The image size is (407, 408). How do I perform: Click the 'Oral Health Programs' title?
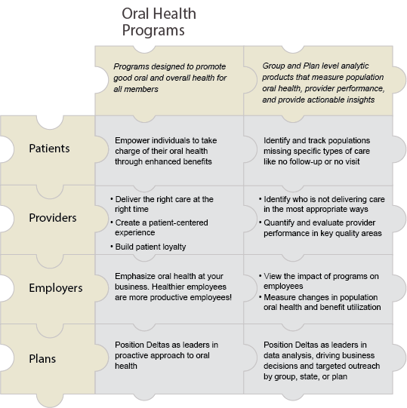click(159, 22)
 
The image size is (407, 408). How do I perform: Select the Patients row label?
click(49, 149)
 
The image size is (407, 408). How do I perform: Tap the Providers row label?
click(53, 218)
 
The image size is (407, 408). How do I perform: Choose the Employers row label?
click(56, 288)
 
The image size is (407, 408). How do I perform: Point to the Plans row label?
click(42, 358)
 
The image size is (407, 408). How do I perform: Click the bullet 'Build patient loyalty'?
click(148, 247)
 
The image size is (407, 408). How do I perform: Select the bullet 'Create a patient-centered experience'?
click(159, 228)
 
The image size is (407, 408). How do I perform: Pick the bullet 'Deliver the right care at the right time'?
click(162, 204)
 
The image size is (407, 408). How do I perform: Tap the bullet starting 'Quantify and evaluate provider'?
click(320, 228)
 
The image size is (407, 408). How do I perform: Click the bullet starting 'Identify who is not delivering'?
click(322, 204)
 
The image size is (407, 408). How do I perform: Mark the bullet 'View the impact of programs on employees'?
click(319, 281)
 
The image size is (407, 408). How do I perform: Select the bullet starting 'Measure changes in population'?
click(319, 302)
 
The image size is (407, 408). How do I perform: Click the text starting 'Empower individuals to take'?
click(166, 151)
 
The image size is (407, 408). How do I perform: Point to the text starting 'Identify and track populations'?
click(317, 151)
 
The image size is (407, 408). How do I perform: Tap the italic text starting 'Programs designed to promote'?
click(170, 78)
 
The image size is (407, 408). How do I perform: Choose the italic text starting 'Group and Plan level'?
click(323, 83)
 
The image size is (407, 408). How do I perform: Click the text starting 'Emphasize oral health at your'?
click(173, 287)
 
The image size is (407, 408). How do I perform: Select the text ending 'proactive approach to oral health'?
click(166, 355)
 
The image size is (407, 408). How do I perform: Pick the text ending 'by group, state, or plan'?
click(322, 360)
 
